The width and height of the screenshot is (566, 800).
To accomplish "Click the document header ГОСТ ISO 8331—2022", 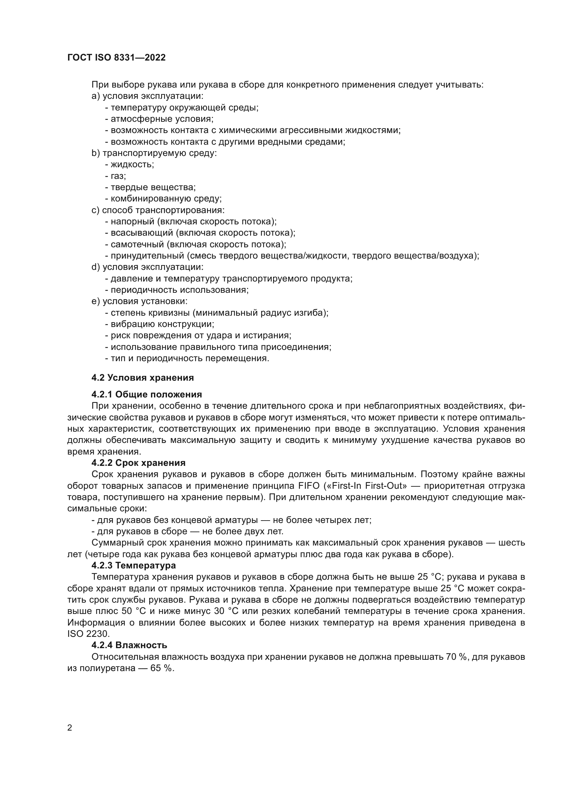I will (116, 57).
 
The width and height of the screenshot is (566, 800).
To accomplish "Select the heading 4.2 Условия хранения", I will (143, 378).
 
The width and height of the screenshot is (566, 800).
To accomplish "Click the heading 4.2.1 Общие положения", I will (147, 394).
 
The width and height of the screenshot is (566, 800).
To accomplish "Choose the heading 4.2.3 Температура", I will (133, 565).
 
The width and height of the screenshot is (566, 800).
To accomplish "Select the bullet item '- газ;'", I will (116, 176).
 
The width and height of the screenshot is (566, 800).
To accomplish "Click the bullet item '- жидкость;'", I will (130, 165).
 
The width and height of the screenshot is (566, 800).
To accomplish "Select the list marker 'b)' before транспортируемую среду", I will (96, 153).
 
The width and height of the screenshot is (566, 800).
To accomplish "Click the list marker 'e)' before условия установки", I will (96, 301).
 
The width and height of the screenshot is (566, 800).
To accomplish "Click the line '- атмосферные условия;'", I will (159, 119).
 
